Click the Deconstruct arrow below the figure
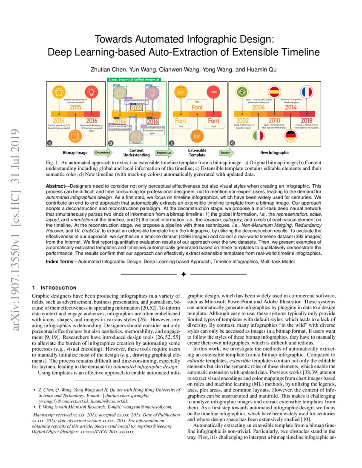pos(103,152)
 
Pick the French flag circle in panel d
pos(306,91)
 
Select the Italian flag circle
pos(258,136)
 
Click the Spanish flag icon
pos(274,91)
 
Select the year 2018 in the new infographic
pos(306,120)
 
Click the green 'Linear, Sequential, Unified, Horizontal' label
pos(134,80)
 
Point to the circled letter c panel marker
pos(172,143)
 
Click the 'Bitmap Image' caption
pos(75,152)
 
